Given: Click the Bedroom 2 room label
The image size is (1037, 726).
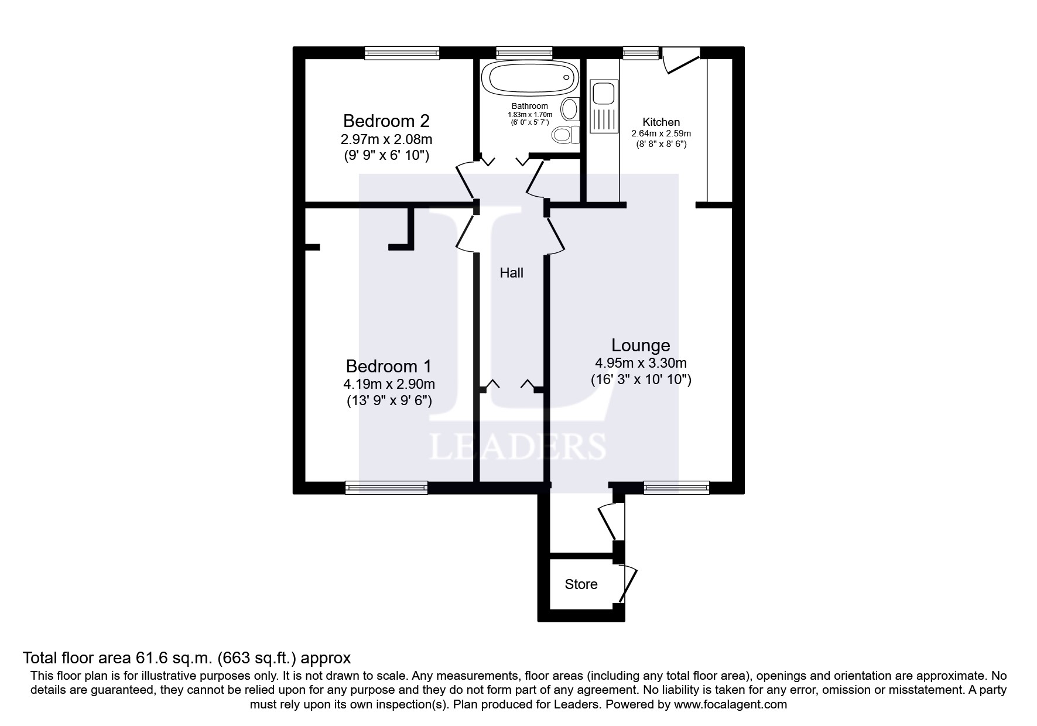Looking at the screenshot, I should tap(386, 121).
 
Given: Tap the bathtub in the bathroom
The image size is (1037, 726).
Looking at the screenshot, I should tap(529, 77).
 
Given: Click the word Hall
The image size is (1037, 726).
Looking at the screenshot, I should tap(511, 273).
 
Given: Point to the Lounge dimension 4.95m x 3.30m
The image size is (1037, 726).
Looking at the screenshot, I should tap(641, 363).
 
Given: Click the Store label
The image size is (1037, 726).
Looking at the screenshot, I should tap(581, 584).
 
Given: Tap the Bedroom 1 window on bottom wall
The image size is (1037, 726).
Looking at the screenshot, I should tap(386, 487).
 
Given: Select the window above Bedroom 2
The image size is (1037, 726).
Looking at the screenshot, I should tap(402, 53).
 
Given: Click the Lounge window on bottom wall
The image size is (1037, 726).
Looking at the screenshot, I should tap(676, 487).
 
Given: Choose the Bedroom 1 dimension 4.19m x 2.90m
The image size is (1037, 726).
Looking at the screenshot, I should tap(389, 385).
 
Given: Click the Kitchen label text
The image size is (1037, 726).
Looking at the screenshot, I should tap(661, 122).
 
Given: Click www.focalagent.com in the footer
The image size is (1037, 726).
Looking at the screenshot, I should tap(730, 704).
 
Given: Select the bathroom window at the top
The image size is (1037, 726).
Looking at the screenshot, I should tap(524, 53).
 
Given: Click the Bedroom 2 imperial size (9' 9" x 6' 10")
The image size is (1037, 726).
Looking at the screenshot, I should tap(386, 156).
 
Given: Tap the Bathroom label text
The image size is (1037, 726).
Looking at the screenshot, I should tap(529, 107).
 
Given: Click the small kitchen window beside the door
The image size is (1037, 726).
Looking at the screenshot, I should tap(641, 53).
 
